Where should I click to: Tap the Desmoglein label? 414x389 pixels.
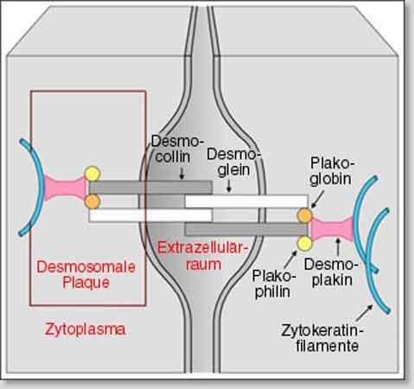coord(231,163)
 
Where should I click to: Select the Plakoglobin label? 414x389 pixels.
coord(331,171)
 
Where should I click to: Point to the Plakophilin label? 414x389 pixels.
coord(272,284)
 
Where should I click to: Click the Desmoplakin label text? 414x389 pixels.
coord(328,272)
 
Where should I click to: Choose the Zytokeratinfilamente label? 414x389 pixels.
coord(322,338)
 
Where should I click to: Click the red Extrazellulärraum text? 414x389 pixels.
coord(203,256)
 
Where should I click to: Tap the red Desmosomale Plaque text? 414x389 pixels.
coord(86,275)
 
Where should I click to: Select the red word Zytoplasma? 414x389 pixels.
coord(85,329)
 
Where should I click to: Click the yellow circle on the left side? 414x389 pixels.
coord(92,174)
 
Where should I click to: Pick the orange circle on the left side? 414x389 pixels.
coord(92,201)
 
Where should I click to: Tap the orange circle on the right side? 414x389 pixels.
coord(305,215)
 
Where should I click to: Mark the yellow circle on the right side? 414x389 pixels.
coord(305,244)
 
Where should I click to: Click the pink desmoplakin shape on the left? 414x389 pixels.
coord(66,188)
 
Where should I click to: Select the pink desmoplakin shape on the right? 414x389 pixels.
coord(331,229)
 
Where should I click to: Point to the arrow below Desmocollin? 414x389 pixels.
coord(182,173)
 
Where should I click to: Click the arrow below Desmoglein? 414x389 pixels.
coord(229,186)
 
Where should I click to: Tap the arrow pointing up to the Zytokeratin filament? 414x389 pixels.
coord(365,313)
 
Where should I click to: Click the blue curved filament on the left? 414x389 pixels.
coord(36,188)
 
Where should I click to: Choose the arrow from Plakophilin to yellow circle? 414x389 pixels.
coord(290,259)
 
